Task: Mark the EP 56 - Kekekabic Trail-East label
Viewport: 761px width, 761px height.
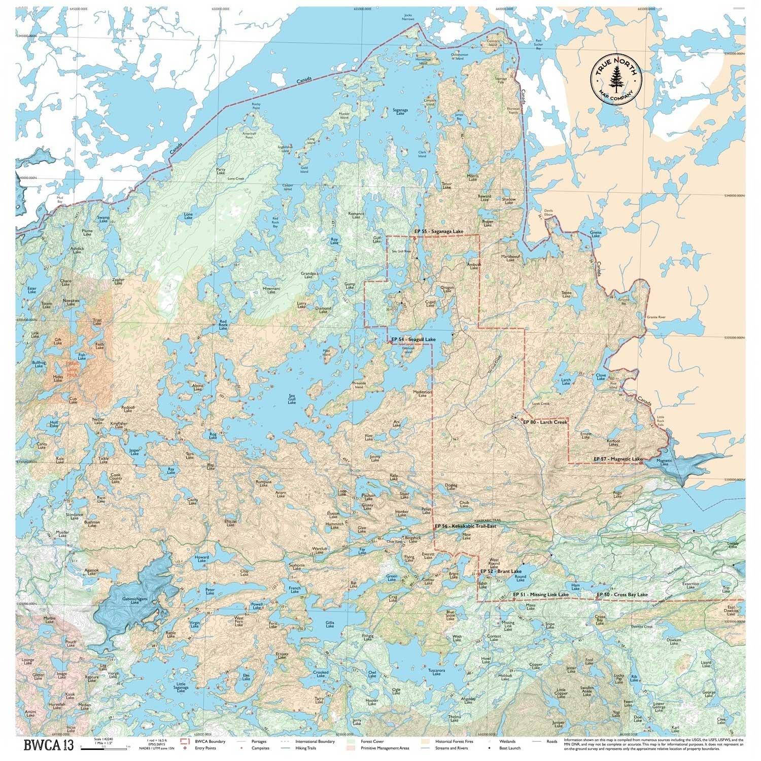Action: click(x=465, y=527)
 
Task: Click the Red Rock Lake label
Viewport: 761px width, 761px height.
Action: click(x=223, y=325)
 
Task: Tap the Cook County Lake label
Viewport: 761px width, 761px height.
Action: click(x=117, y=478)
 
